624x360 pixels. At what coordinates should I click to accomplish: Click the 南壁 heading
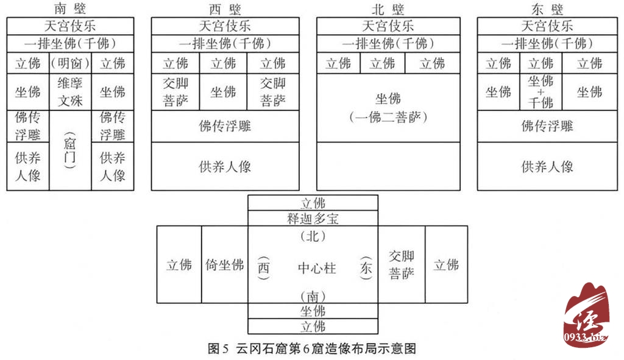(x=70, y=9)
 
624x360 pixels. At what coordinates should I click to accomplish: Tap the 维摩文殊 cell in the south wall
(x=70, y=92)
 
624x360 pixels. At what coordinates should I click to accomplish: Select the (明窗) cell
(x=70, y=63)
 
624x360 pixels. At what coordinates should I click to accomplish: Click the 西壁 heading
(x=225, y=9)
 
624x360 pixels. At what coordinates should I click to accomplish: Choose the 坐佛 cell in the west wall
(x=223, y=92)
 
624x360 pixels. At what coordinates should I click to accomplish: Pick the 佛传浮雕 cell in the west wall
(x=225, y=126)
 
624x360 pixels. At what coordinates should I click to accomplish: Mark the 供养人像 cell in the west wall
(x=225, y=166)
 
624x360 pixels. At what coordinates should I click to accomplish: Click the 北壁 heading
(x=388, y=9)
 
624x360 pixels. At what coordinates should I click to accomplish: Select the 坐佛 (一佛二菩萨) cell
(x=388, y=107)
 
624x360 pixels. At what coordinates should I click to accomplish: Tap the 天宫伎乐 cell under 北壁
(x=388, y=26)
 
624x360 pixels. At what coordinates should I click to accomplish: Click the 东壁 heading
(x=547, y=9)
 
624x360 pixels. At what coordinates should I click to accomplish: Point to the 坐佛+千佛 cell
(x=541, y=92)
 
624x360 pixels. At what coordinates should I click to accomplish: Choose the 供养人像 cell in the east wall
(x=547, y=166)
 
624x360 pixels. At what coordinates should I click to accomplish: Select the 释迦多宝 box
(x=313, y=218)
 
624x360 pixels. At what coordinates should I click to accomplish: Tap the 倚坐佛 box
(x=224, y=265)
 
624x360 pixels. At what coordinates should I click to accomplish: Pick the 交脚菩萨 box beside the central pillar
(x=402, y=265)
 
